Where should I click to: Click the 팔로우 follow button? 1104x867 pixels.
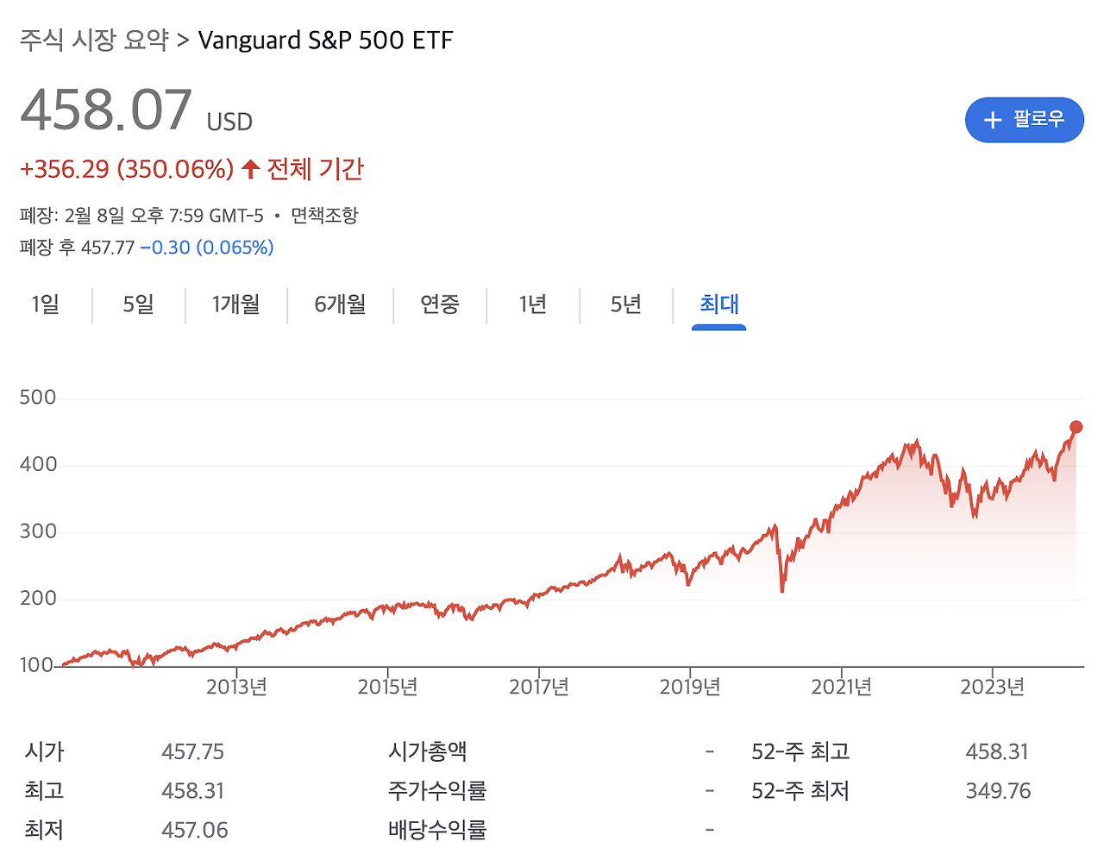coord(1024,120)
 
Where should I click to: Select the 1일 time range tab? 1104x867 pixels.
coord(46,305)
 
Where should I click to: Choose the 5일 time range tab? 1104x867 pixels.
coord(138,305)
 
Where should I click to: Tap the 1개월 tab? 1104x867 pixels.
coord(235,305)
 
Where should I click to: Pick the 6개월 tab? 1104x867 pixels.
coord(340,305)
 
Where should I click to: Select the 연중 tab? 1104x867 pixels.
coord(440,305)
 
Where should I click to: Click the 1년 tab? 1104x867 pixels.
coord(533,305)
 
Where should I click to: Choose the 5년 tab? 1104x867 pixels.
coord(626,305)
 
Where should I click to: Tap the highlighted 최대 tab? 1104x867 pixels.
coord(718,305)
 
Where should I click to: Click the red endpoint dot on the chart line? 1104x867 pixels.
coord(1076,427)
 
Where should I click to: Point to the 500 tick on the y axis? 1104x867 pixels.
coord(38,398)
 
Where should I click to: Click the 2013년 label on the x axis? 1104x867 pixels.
coord(236,687)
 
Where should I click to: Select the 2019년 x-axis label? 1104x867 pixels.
coord(690,687)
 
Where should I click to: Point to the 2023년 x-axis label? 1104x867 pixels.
coord(992,687)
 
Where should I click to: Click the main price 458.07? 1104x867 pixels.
coord(106,111)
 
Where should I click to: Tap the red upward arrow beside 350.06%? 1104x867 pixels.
coord(250,169)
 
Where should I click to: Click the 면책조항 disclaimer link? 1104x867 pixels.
coord(324,216)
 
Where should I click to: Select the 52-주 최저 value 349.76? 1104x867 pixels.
coord(998,791)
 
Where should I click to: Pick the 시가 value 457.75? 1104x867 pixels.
coord(192,752)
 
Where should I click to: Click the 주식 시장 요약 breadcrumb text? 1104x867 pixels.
coord(94,41)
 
